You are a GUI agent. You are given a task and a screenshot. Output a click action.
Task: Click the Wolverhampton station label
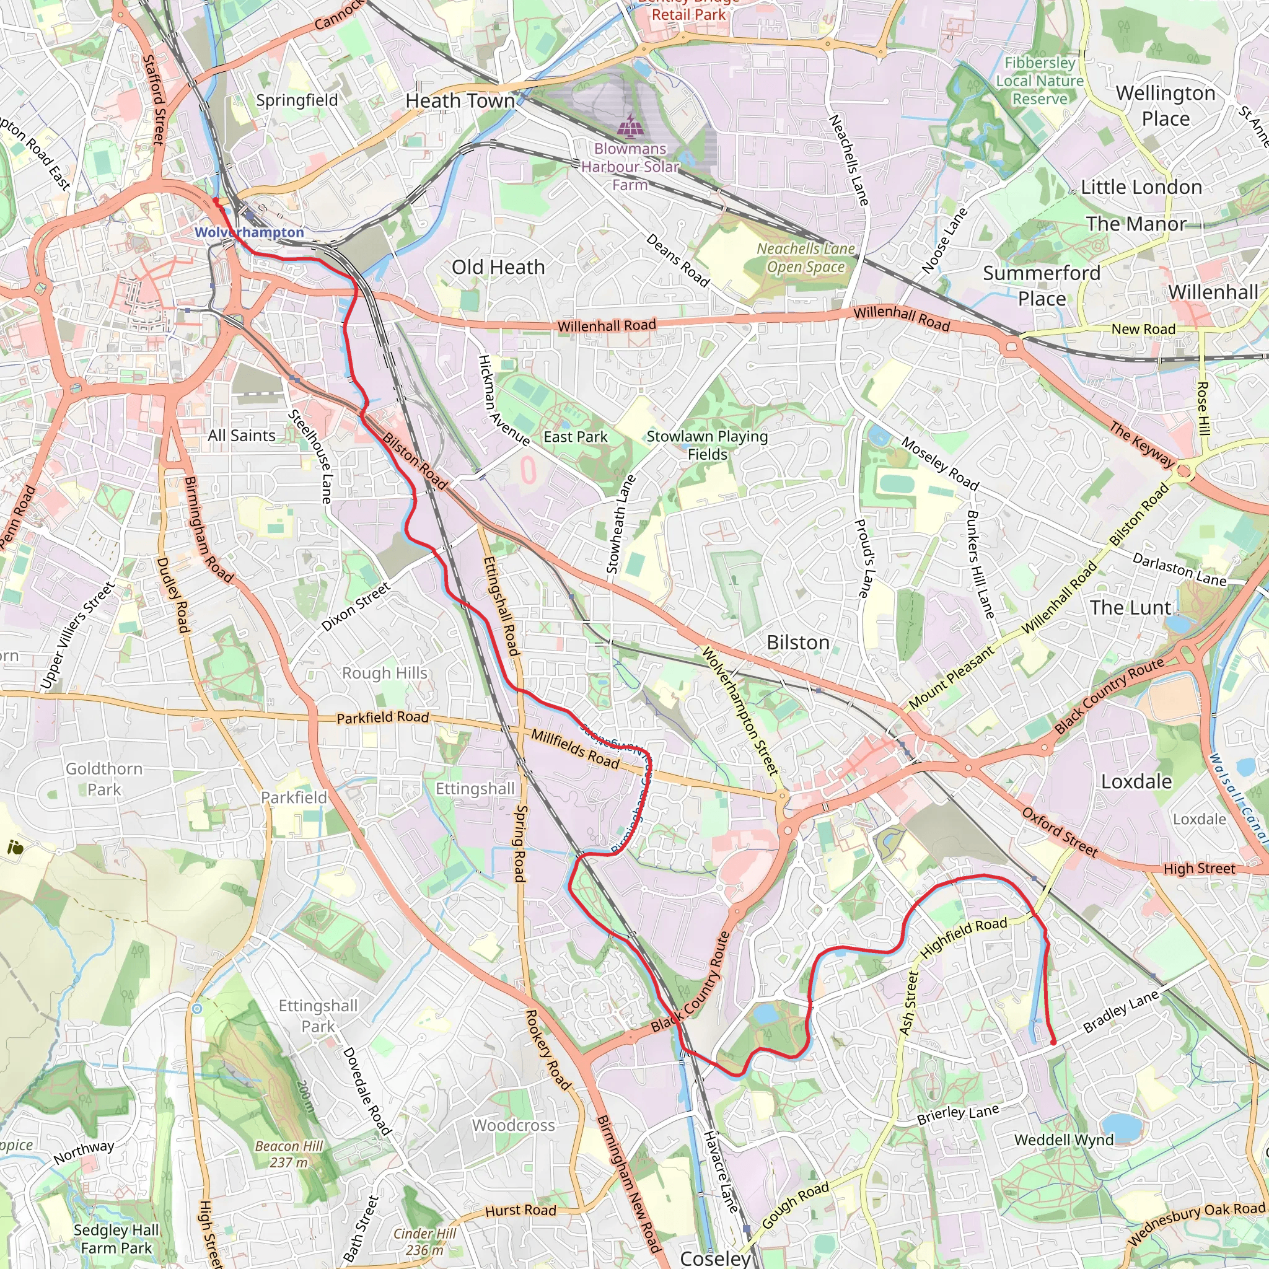point(249,232)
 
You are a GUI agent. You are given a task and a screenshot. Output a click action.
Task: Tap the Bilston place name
point(798,643)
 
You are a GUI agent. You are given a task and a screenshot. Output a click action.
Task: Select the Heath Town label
point(460,101)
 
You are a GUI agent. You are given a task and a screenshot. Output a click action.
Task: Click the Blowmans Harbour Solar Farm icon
point(630,125)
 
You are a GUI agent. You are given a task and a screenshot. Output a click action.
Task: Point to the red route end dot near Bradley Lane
point(1053,1042)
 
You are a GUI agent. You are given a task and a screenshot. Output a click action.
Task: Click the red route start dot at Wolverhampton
point(216,200)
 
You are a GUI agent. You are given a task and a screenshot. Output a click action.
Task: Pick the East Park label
point(576,437)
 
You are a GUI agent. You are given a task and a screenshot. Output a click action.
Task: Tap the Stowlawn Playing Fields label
point(707,445)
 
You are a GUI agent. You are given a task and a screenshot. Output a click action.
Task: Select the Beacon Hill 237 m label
point(289,1154)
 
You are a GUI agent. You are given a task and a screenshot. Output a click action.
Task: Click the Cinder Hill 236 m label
point(424,1241)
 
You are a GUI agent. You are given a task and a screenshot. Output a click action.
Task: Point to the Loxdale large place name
point(1136,781)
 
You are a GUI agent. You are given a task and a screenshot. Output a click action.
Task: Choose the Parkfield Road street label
point(382,718)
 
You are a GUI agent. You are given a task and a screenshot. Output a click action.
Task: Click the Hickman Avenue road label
point(503,401)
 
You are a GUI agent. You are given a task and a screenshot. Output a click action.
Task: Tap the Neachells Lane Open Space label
point(806,258)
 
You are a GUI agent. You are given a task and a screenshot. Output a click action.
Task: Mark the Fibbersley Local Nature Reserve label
point(1040,81)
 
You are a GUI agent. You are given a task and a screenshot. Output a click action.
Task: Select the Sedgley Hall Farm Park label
point(116,1239)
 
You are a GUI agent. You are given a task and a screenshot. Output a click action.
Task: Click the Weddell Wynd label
point(1063,1139)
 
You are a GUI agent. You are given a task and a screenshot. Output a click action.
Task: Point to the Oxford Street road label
point(1060,832)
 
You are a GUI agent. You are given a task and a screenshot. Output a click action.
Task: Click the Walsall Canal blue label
point(1238,797)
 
